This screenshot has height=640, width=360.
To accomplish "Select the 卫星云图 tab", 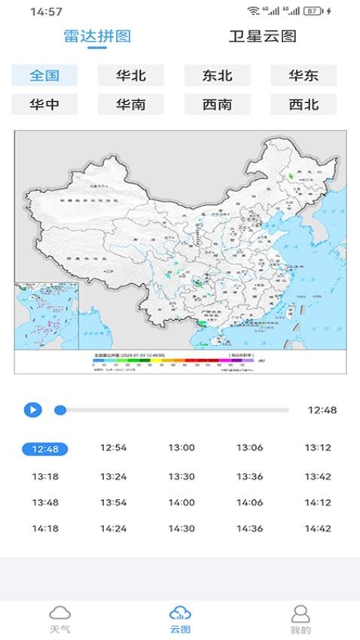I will coord(263,37).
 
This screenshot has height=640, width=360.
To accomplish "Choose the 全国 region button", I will coord(44,75).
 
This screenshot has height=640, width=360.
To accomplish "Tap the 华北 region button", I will coord(131,75).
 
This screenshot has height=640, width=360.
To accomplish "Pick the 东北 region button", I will coord(217,75).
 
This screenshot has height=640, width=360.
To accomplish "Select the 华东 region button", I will coord(304,75).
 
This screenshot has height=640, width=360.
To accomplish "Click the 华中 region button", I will coord(44,105).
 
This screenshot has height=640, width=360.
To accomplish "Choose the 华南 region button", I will coord(131,105).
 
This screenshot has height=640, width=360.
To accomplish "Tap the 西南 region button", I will coord(217,105).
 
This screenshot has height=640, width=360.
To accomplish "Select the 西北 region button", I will coord(304,105).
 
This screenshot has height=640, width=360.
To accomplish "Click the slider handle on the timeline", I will coord(60,410).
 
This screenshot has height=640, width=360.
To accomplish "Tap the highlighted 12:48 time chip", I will coord(45,449).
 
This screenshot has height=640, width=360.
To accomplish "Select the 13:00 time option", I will coord(182,448).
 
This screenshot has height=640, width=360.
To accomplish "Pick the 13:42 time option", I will coord(318,477).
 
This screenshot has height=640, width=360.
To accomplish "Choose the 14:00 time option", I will coord(182,503).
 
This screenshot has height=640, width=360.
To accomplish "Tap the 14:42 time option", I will coord(318,529).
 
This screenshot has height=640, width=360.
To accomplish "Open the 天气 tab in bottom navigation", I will coord(60,619).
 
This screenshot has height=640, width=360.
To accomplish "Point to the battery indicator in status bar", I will coord(334,12).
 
